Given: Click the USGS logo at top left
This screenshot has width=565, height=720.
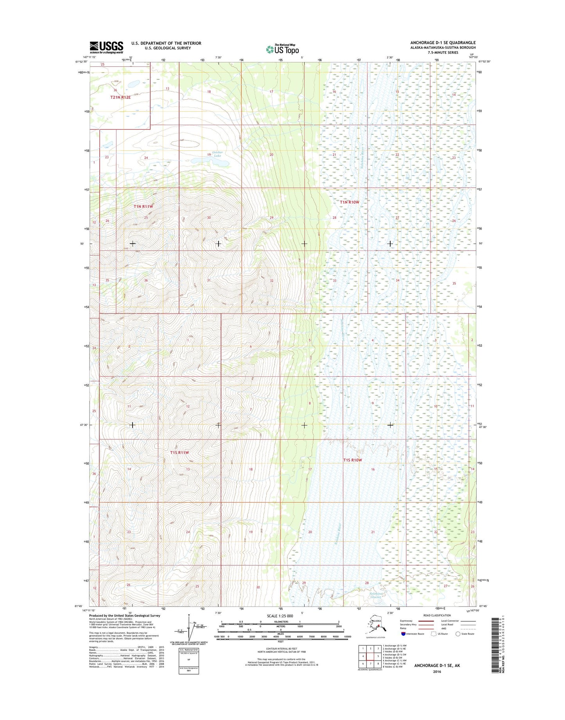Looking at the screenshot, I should pyautogui.click(x=106, y=47).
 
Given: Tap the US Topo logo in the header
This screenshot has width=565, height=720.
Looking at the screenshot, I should pyautogui.click(x=282, y=49).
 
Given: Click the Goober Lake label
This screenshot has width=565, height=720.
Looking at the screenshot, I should pyautogui.click(x=217, y=154).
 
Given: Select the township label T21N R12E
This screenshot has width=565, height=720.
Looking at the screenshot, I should pyautogui.click(x=120, y=97).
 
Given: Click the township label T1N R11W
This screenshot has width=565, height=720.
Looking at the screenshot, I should pyautogui.click(x=143, y=206).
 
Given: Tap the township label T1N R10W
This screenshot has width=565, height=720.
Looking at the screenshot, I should pyautogui.click(x=349, y=202).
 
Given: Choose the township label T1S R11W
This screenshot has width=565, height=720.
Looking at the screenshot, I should pyautogui.click(x=179, y=452).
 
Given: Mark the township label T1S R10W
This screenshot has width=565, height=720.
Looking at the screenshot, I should pyautogui.click(x=352, y=460).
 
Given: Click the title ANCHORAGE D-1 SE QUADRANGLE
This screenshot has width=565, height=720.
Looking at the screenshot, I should pyautogui.click(x=443, y=42).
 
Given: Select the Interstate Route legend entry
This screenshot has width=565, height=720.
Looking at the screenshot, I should pyautogui.click(x=413, y=634).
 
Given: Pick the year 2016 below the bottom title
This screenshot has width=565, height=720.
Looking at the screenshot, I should pyautogui.click(x=437, y=672).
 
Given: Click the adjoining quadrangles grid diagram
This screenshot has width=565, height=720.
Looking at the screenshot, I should pyautogui.click(x=370, y=657).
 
